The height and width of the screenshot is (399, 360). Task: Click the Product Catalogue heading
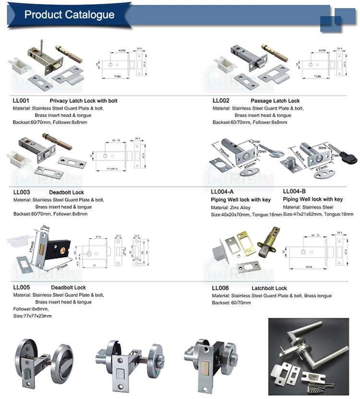click(69, 14)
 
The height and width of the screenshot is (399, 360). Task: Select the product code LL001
click(21, 101)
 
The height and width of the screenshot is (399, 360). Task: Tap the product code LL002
click(221, 101)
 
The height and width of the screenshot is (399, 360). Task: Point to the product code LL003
click(21, 193)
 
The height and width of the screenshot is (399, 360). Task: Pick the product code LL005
click(21, 288)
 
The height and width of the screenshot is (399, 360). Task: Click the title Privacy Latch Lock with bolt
click(84, 101)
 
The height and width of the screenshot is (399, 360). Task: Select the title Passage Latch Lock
click(275, 101)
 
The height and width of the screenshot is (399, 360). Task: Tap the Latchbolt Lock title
click(269, 288)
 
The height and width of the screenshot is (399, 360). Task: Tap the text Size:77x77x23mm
click(32, 316)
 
